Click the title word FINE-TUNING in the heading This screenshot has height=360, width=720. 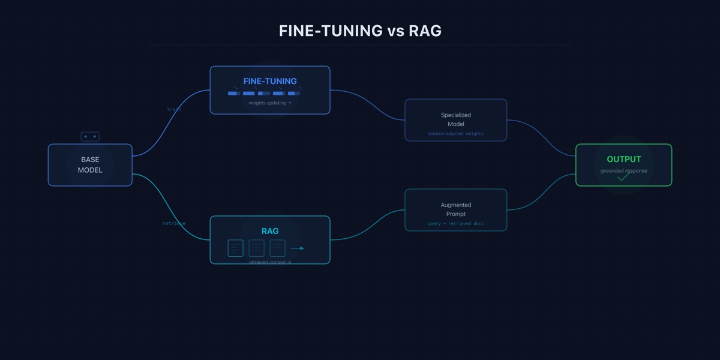[331, 31]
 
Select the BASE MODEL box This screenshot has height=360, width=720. [90, 165]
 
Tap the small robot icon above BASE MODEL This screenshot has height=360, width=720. [90, 137]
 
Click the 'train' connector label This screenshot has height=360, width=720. [174, 110]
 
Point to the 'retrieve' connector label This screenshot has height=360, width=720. [174, 223]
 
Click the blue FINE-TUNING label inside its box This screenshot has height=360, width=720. [270, 81]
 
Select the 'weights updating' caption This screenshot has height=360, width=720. [270, 103]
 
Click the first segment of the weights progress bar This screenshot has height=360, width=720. [233, 93]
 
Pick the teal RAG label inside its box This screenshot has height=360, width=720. [270, 231]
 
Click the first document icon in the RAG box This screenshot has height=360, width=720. [236, 248]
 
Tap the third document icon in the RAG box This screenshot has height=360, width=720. [277, 248]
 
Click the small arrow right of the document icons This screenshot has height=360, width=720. [298, 248]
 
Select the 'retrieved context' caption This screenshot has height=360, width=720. [270, 262]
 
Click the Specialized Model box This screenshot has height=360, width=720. [456, 119]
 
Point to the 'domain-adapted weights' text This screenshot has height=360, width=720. [456, 133]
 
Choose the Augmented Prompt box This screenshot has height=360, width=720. [456, 209]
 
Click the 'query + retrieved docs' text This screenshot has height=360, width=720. [456, 223]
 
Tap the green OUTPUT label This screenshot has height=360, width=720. [624, 159]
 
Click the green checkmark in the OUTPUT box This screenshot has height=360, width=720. [624, 177]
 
